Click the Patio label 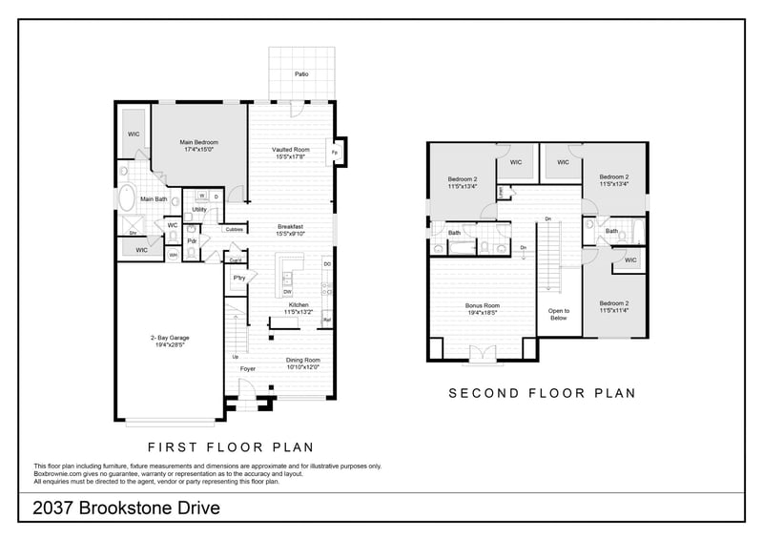[300, 73]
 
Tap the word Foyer [248, 368]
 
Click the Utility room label [199, 210]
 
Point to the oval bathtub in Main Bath [126, 198]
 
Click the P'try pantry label [239, 278]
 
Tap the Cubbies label [234, 229]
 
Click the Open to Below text [559, 315]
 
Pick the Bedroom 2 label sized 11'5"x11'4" [613, 306]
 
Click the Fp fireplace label [334, 153]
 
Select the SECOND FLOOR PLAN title [542, 392]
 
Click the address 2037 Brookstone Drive [127, 508]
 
